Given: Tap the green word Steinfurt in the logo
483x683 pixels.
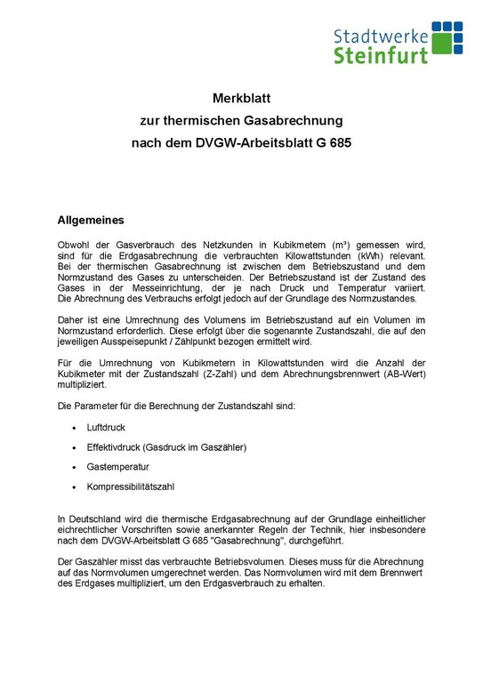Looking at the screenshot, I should (381, 56).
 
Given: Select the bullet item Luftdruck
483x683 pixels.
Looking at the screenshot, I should (106, 428).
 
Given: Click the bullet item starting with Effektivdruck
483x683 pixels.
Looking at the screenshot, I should (166, 446).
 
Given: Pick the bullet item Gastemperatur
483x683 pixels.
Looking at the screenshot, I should (118, 466).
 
